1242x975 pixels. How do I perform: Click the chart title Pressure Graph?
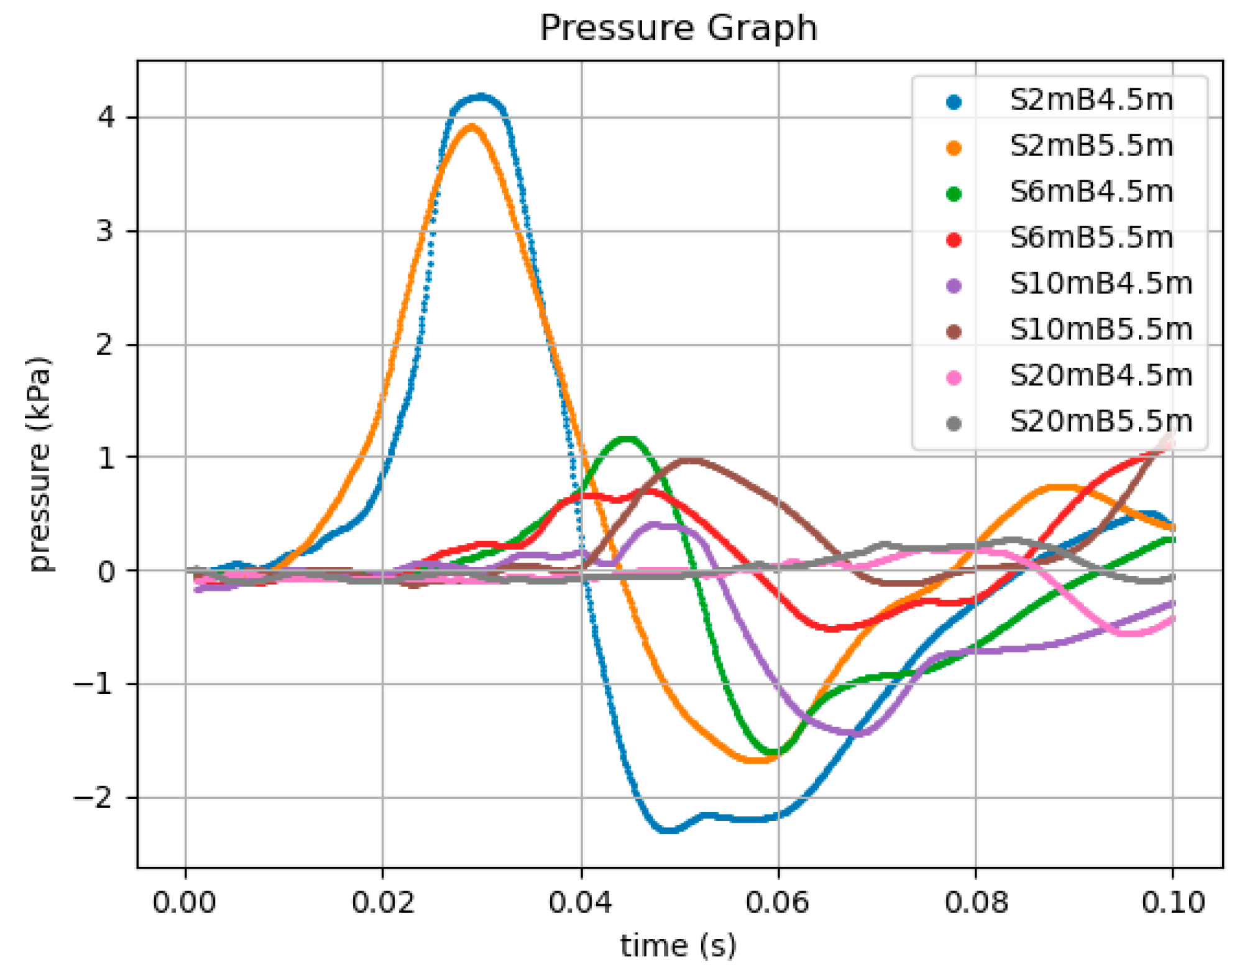pos(678,28)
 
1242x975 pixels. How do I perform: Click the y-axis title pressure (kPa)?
pos(40,464)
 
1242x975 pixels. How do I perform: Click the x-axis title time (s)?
pos(678,946)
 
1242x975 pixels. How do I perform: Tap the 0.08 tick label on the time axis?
pos(975,902)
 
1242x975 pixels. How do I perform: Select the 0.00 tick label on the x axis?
pos(185,902)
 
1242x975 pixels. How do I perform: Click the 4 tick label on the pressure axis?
pos(106,117)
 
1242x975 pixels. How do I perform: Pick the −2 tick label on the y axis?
pos(95,797)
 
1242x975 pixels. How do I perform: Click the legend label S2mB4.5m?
pos(1092,100)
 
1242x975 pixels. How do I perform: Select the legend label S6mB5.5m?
pos(1092,238)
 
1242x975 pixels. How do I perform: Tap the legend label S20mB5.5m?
pos(1101,422)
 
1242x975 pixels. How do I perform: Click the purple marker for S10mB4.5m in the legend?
pos(954,285)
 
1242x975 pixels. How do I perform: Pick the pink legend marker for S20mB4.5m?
pos(954,376)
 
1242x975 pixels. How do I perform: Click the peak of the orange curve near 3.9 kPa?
pos(471,127)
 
